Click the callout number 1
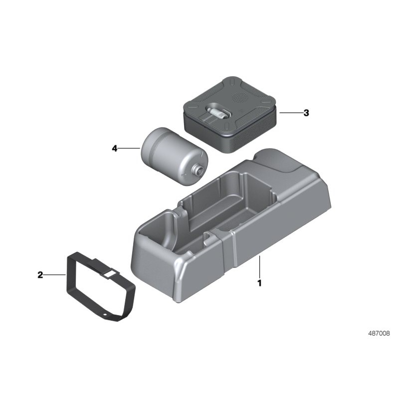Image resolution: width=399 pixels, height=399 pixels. pyautogui.click(x=259, y=283)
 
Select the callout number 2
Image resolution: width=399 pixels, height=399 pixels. pyautogui.click(x=40, y=275)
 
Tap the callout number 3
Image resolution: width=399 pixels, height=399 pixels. pyautogui.click(x=306, y=113)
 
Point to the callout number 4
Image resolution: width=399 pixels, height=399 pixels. pyautogui.click(x=115, y=148)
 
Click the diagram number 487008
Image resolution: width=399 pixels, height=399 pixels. pyautogui.click(x=379, y=333)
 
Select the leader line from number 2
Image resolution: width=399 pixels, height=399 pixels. pyautogui.click(x=55, y=275)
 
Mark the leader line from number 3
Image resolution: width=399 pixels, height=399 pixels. pyautogui.click(x=291, y=113)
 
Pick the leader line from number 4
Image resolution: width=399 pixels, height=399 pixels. pyautogui.click(x=129, y=148)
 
